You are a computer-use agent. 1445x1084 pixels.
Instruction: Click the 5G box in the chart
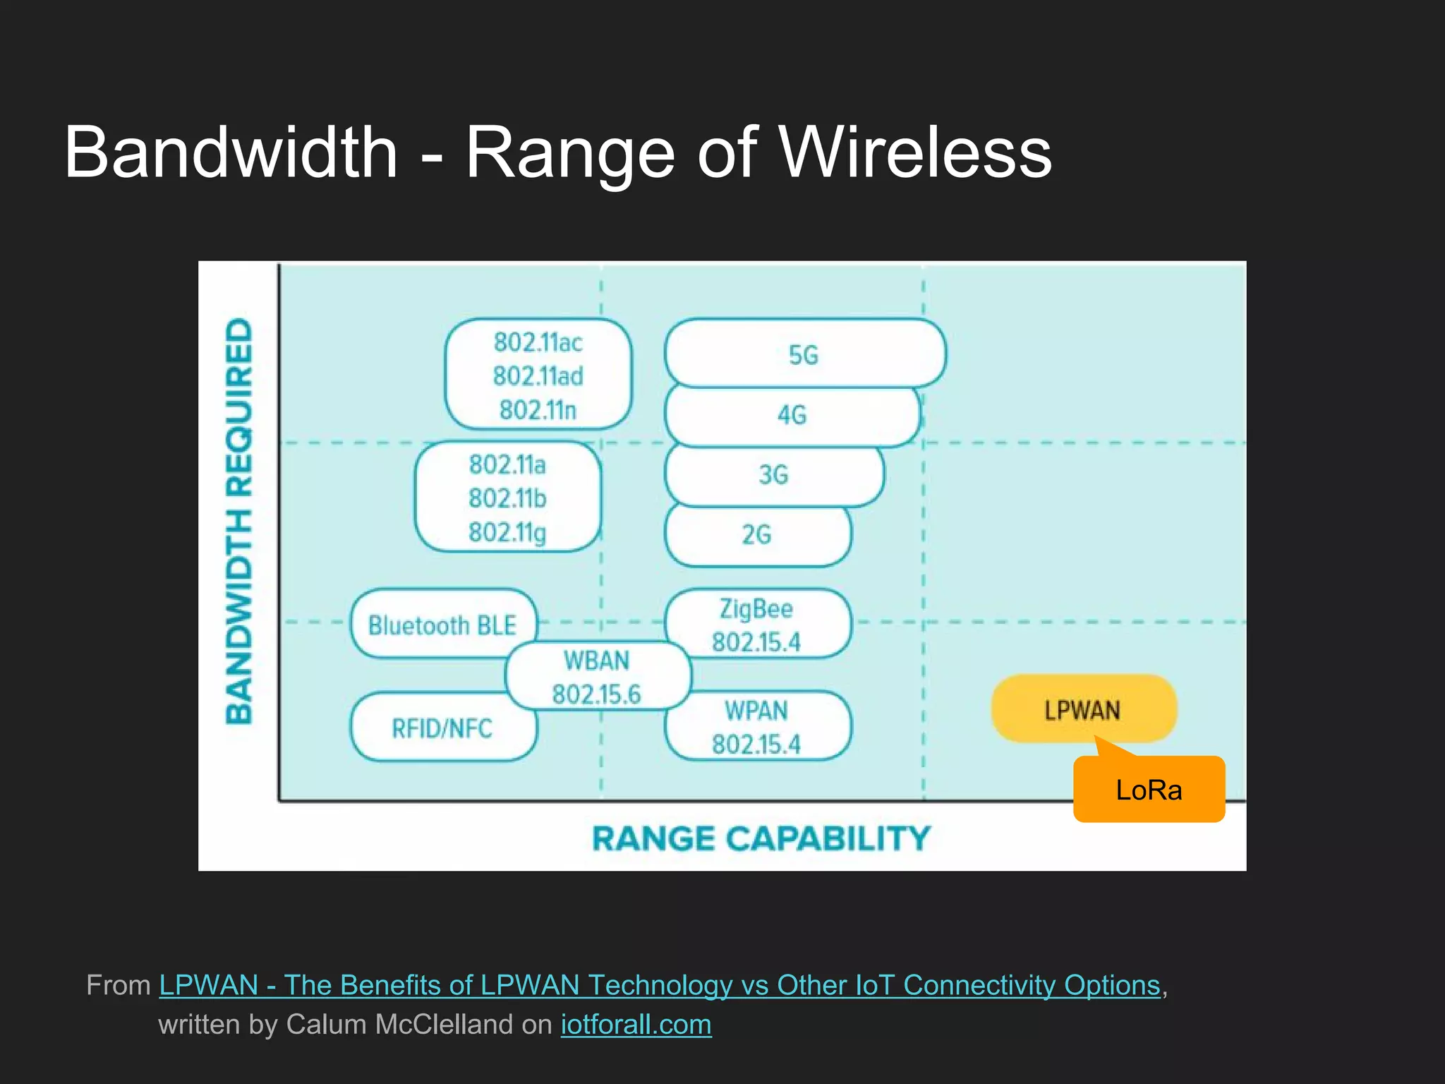[804, 354]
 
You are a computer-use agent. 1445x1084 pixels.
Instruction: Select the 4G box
[792, 415]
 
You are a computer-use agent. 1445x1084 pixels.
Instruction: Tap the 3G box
[773, 475]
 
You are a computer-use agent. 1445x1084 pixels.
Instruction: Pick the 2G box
[756, 535]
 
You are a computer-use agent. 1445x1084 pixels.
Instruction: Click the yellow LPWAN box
[1082, 709]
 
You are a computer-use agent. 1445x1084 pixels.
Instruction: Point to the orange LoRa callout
[1149, 790]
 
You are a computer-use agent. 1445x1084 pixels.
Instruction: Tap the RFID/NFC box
[442, 728]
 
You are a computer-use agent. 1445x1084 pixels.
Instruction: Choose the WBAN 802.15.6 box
[597, 677]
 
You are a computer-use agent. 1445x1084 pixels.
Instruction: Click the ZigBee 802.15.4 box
[756, 625]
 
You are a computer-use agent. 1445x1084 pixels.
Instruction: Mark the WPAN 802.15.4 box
[756, 727]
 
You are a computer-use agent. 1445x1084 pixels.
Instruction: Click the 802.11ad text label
[538, 376]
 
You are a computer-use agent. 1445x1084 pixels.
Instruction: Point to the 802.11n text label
[538, 410]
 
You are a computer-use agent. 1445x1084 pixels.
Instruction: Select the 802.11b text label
[508, 498]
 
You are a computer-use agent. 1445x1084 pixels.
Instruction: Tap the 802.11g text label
[508, 532]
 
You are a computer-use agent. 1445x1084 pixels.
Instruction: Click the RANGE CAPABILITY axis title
[762, 839]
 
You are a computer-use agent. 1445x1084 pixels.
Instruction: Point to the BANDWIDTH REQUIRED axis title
[239, 521]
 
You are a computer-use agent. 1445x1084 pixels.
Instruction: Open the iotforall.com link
[636, 1025]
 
